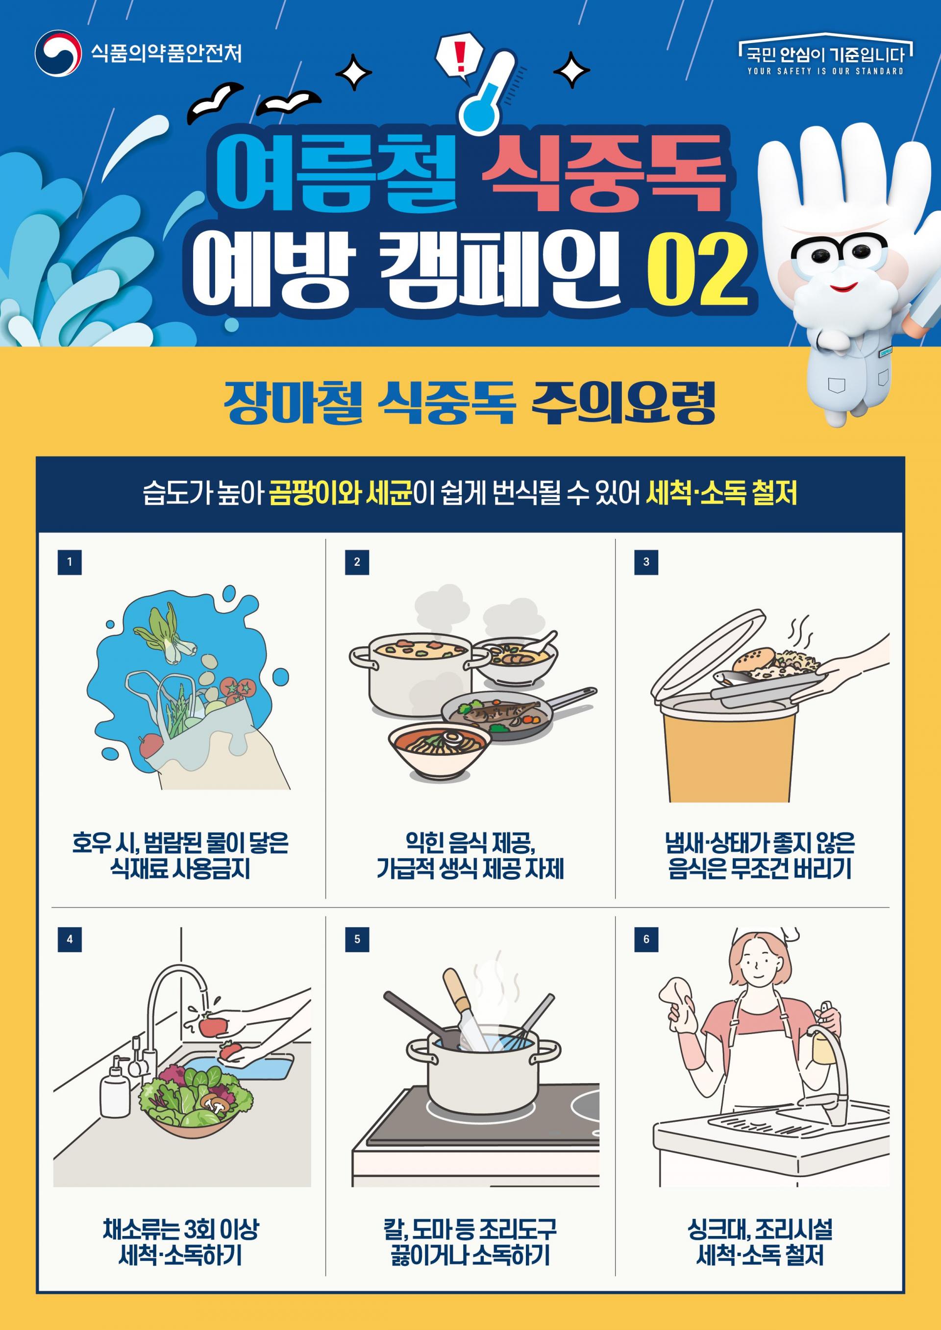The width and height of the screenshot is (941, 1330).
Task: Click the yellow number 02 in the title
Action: (x=697, y=270)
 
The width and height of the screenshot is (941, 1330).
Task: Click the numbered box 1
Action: (x=70, y=562)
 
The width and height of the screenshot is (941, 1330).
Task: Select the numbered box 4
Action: (x=70, y=939)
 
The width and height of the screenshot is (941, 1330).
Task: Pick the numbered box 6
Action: (x=646, y=939)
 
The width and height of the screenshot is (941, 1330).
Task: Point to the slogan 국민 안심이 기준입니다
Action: (x=825, y=54)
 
